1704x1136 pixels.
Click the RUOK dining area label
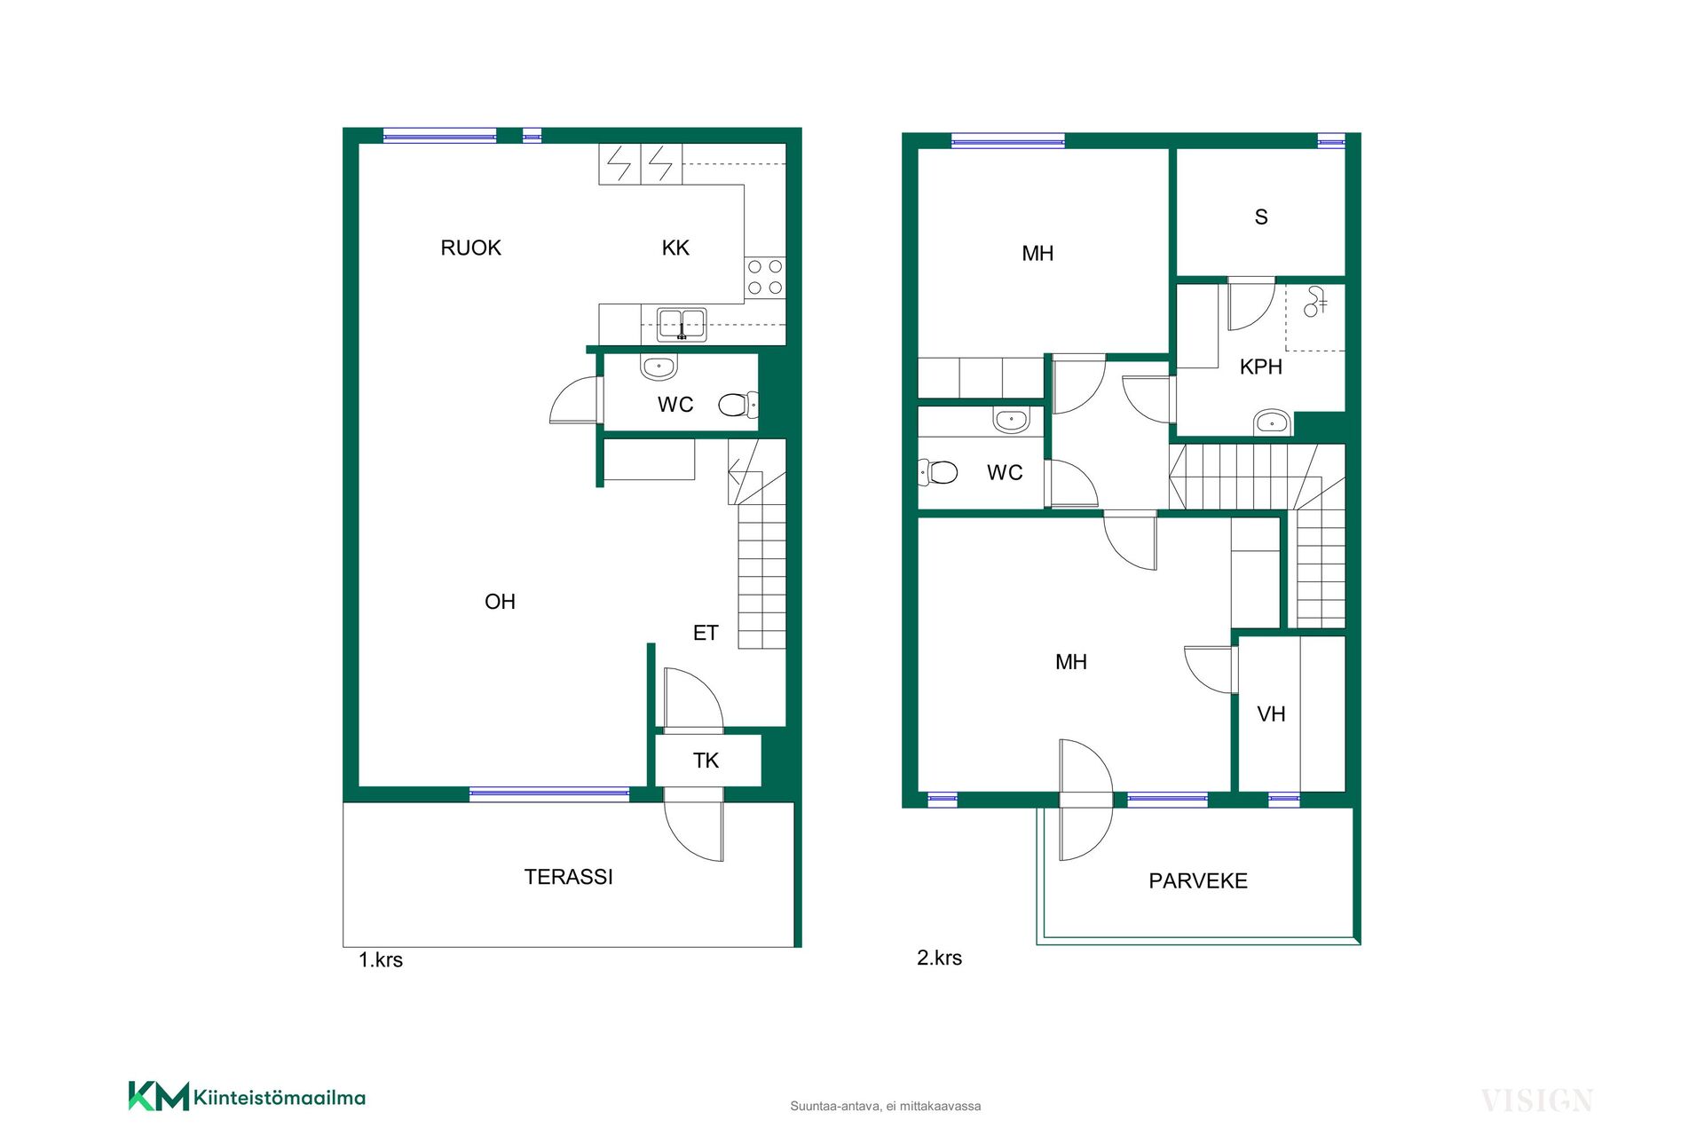point(470,248)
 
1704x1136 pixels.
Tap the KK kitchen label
point(675,248)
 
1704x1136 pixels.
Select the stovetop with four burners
point(765,277)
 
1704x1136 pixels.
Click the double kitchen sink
point(682,324)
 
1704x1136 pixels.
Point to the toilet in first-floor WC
point(738,405)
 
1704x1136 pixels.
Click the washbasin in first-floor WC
point(659,366)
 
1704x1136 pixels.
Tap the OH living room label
point(500,602)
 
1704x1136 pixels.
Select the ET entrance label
point(706,633)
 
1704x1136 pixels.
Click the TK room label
point(706,761)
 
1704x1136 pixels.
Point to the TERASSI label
point(568,877)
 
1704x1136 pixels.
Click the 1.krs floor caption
point(381,959)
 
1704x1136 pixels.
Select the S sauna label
point(1261,217)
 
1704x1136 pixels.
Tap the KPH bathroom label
point(1261,367)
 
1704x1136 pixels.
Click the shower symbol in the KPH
point(1315,302)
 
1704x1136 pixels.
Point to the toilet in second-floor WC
point(937,472)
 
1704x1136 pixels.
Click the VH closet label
point(1271,714)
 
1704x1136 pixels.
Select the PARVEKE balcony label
point(1198,881)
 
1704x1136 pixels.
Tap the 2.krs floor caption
point(939,958)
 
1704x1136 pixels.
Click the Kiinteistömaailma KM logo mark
point(159,1096)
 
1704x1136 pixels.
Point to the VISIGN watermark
point(1537,1100)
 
